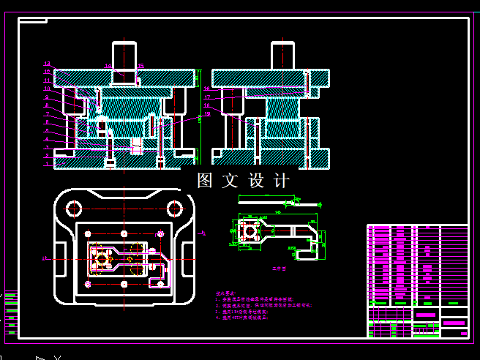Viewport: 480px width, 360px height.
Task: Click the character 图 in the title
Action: [206, 181]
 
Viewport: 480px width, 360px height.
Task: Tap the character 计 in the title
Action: [281, 181]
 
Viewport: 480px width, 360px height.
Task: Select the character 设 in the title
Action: [256, 181]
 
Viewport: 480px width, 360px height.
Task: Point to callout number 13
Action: [47, 64]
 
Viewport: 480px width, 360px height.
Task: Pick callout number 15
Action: [140, 67]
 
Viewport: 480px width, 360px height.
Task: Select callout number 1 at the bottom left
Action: [47, 164]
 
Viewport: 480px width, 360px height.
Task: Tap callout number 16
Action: [207, 88]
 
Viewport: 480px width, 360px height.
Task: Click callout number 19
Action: [207, 114]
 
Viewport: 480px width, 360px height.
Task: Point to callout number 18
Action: [207, 105]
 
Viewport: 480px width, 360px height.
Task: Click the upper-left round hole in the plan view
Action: [74, 209]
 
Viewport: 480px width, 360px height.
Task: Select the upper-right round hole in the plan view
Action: [174, 209]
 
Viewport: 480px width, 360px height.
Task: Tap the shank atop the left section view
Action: [124, 56]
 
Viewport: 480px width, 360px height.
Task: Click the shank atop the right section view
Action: [282, 56]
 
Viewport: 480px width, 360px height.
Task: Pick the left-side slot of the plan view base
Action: [60, 260]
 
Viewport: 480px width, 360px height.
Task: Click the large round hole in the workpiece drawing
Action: [250, 231]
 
